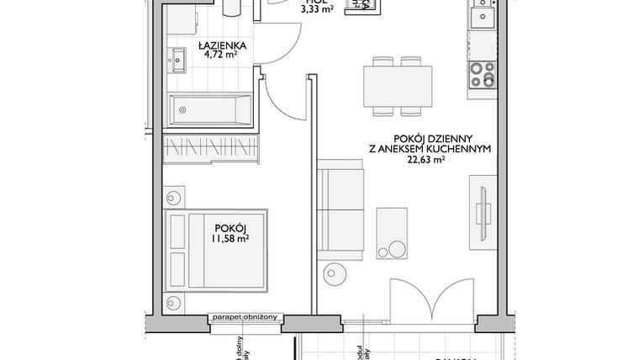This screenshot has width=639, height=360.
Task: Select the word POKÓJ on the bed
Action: (230, 227)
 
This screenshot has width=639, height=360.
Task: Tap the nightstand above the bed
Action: (174, 199)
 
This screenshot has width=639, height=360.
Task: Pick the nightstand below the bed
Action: (174, 299)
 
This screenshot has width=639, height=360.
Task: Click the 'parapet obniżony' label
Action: (248, 317)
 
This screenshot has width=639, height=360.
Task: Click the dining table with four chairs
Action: (399, 84)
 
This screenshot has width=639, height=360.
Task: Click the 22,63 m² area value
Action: (430, 162)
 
